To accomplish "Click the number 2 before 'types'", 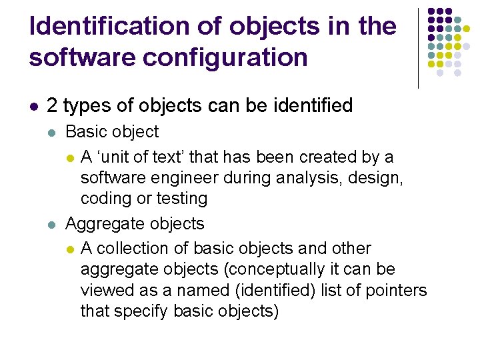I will point(52,106).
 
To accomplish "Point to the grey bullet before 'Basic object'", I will point(52,132).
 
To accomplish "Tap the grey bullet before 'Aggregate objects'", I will point(52,224).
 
